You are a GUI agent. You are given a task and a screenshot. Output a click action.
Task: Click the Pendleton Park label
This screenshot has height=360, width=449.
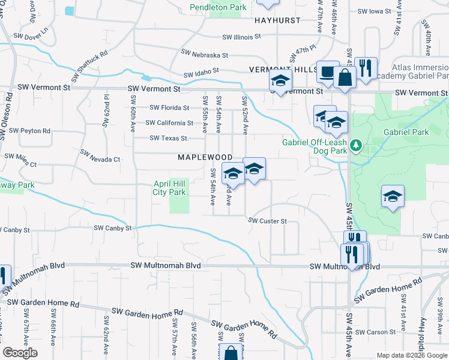pyautogui.click(x=218, y=8)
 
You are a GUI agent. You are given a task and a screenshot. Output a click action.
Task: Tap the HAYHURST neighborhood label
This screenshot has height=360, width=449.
pyautogui.click(x=277, y=20)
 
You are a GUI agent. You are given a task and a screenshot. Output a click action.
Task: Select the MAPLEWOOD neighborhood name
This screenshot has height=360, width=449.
pyautogui.click(x=205, y=157)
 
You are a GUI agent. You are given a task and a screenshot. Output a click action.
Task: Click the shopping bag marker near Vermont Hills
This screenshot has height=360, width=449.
pyautogui.click(x=345, y=77)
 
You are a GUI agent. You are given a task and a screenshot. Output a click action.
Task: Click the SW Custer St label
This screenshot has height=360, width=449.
pyautogui.click(x=268, y=221)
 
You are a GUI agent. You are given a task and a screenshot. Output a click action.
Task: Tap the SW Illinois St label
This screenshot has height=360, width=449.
pyautogui.click(x=241, y=36)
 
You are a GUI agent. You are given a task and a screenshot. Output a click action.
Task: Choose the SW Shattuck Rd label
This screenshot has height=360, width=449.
pyautogui.click(x=89, y=66)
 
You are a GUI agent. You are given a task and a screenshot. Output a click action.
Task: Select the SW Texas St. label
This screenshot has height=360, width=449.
pyautogui.click(x=169, y=139)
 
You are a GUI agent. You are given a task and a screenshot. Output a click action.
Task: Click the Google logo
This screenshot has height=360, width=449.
pyautogui.click(x=20, y=352)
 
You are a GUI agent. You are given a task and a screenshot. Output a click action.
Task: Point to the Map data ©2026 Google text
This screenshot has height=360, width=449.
pyautogui.click(x=411, y=355)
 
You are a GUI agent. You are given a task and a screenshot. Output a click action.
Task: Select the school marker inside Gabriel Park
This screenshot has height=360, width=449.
pyautogui.click(x=393, y=196)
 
